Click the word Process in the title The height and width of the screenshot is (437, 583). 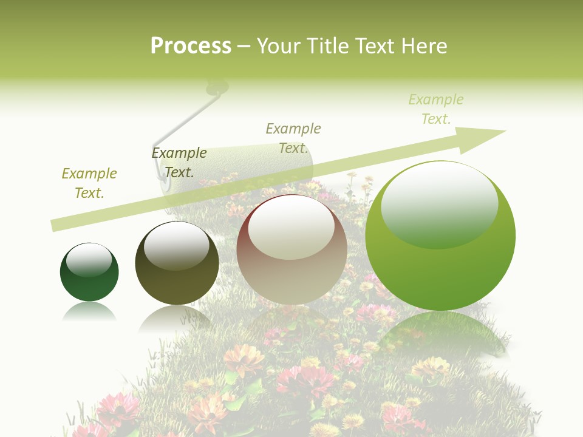191,46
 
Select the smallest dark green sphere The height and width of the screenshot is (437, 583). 89,272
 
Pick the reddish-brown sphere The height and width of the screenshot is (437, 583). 291,249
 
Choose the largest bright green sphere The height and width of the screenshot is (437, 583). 440,235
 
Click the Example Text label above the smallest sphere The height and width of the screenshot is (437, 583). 89,183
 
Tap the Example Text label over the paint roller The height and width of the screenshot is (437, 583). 293,138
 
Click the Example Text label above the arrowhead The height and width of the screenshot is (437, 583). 436,109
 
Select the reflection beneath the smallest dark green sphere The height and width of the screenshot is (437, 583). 89,311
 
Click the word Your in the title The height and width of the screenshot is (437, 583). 278,46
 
